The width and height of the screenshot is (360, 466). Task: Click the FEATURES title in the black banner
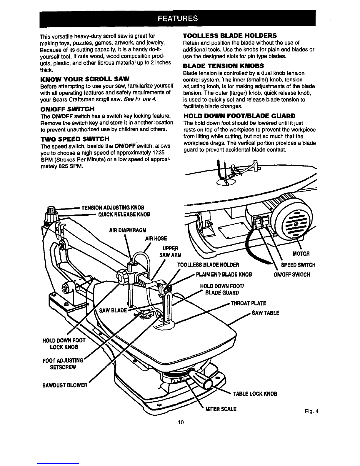coord(178,19)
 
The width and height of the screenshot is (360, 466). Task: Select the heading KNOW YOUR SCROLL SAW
coord(85,79)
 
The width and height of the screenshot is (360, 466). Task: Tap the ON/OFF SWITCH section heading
coord(67,109)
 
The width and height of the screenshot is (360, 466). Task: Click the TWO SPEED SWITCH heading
coord(75,139)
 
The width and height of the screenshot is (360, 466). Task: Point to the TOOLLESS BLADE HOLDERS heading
coord(230,35)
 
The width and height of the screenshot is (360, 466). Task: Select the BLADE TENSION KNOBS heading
coord(224,66)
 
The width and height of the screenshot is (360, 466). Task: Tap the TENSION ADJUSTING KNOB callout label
coord(113,208)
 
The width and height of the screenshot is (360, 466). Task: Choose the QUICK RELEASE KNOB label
coord(124,214)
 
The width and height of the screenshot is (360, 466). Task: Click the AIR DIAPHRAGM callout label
coord(128,230)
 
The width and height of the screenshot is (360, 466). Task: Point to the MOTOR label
coord(301,254)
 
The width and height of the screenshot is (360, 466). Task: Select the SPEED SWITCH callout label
coord(298,265)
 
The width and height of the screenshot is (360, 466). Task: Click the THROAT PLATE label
coord(249,303)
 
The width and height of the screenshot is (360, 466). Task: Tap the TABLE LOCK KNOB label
coord(255,394)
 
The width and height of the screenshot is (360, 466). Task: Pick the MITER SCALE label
coord(221,409)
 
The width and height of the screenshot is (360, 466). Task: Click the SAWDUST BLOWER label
coord(65,385)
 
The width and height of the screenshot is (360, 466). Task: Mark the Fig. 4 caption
coord(312,411)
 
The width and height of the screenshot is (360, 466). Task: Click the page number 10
coord(181,422)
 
